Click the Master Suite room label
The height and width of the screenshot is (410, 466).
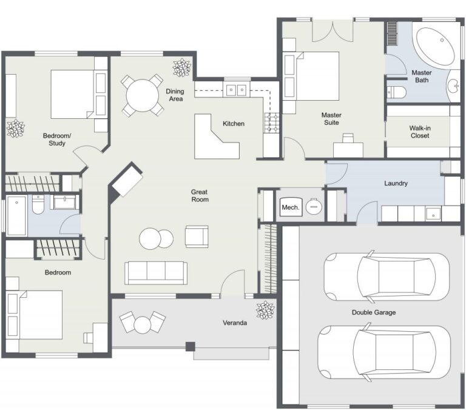tap(331, 119)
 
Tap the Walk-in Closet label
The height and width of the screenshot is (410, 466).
tap(419, 132)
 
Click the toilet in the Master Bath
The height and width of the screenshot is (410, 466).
tap(396, 92)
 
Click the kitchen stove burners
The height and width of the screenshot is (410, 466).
tap(271, 123)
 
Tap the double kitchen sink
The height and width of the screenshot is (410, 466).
tap(236, 90)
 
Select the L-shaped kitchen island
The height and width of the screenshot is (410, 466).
tap(214, 138)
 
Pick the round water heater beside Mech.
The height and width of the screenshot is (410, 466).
tap(313, 207)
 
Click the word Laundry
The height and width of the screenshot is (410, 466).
tap(396, 183)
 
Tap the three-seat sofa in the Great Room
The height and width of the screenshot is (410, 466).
tap(155, 272)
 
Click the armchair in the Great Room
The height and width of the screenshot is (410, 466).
tap(197, 236)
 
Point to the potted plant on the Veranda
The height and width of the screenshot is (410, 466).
tap(265, 311)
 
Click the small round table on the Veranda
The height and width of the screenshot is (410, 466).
tap(143, 324)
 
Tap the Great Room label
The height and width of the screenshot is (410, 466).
tap(200, 195)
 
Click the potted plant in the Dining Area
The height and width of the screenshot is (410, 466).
tap(181, 68)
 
